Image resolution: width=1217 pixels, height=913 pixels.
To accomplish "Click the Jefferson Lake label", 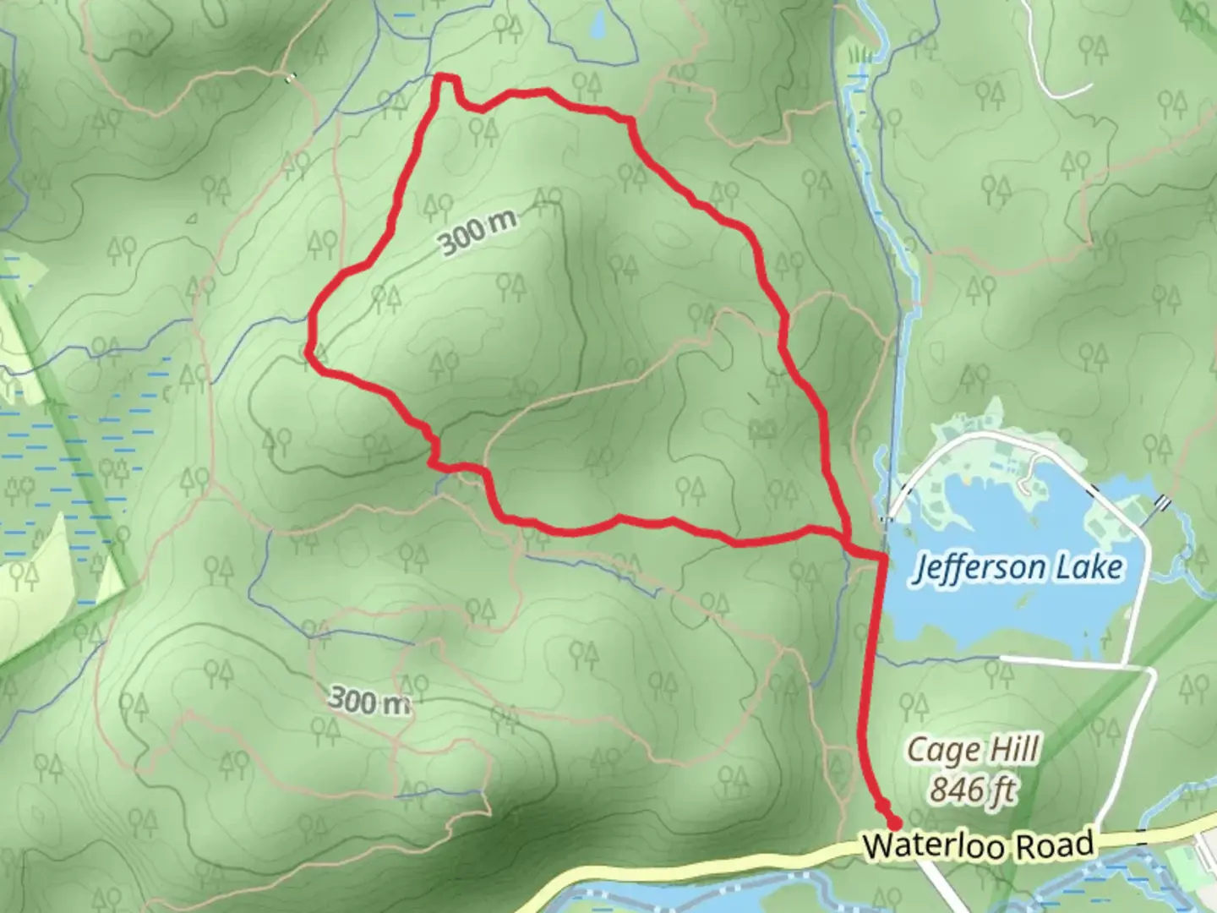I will tap(1018, 567).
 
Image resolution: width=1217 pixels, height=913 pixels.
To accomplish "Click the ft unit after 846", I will tap(1002, 790).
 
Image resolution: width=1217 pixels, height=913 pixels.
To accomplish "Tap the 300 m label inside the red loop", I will tap(477, 232).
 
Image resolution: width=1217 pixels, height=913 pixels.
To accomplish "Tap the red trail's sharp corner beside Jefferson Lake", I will tap(882, 557).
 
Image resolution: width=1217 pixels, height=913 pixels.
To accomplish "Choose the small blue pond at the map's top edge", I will tap(598, 27).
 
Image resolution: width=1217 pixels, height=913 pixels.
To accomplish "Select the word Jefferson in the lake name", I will tap(976, 568).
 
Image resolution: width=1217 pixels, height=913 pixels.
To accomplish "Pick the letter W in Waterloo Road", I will tap(876, 846).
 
